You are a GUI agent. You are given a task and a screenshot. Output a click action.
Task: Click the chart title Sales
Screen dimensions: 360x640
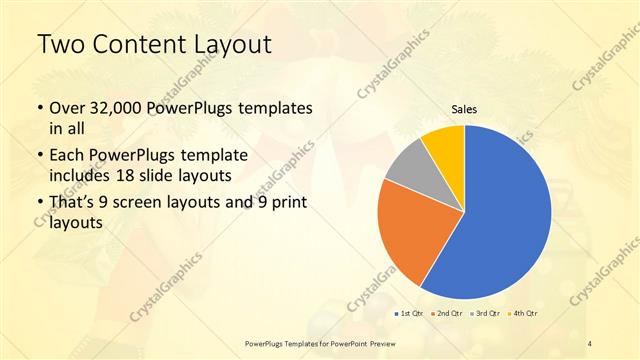tap(464, 110)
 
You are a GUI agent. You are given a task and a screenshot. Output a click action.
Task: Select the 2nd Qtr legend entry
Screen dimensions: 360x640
tap(444, 315)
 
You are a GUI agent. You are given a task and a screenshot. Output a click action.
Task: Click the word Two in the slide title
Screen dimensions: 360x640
tap(59, 45)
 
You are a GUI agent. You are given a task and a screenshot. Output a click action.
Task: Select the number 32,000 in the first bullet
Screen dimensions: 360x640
tap(122, 108)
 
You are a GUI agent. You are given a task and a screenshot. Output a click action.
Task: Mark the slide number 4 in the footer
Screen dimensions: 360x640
tap(590, 344)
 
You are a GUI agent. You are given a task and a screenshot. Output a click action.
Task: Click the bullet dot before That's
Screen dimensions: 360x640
tap(39, 205)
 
